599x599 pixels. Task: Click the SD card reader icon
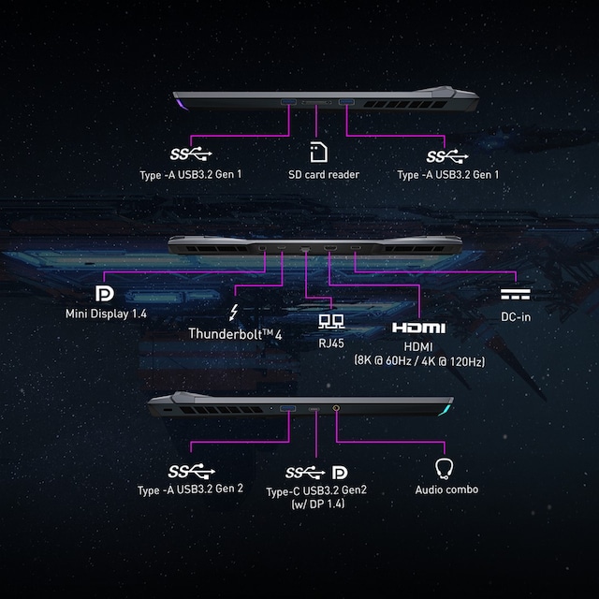click(x=318, y=153)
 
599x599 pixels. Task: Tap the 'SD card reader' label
click(x=324, y=175)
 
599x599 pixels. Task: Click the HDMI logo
click(x=417, y=328)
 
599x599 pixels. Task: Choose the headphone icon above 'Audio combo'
click(x=446, y=468)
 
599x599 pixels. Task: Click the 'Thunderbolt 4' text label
click(x=235, y=333)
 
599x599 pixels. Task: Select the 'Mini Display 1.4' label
click(x=106, y=314)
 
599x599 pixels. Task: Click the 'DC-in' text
click(x=516, y=316)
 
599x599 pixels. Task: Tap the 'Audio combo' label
click(x=446, y=489)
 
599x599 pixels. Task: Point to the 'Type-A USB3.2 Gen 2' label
click(x=190, y=489)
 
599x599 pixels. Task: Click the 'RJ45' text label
click(x=328, y=343)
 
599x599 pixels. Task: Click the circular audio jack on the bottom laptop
click(x=336, y=409)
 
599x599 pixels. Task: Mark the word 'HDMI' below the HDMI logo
click(x=417, y=345)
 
